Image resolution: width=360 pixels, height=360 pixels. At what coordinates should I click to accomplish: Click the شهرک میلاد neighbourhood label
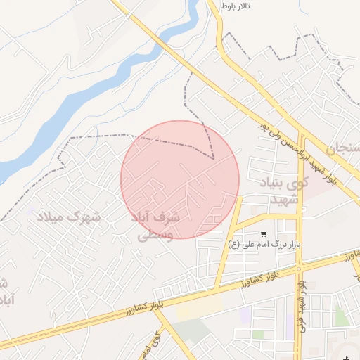(x=68, y=217)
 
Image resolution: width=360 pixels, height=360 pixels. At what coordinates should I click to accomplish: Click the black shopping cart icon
(x=263, y=233)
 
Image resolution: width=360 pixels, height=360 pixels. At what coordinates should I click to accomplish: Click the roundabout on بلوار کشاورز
(x=300, y=267)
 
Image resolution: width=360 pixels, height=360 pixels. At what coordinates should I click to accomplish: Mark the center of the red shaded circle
(x=180, y=179)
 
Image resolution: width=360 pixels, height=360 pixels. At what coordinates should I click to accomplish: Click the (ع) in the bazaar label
(x=234, y=245)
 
